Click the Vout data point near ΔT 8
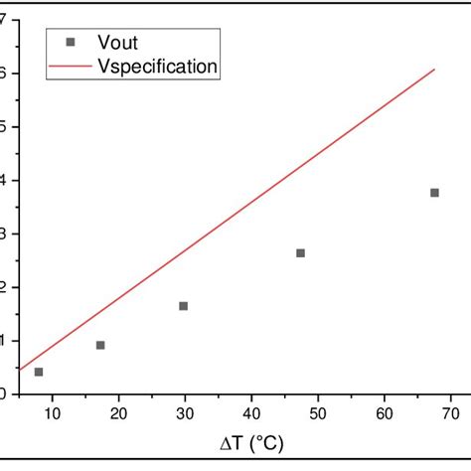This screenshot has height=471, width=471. tap(39, 372)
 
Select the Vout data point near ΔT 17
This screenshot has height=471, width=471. tap(100, 345)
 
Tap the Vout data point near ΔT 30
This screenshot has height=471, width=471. tap(183, 306)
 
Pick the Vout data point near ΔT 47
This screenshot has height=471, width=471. tap(300, 253)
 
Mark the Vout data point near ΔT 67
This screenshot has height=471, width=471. tap(434, 193)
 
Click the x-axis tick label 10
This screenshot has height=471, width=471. tap(53, 413)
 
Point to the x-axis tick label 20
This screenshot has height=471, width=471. tap(118, 413)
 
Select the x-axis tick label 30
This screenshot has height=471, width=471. tap(185, 413)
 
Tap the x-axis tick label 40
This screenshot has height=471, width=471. tap(251, 413)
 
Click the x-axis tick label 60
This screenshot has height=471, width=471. tap(384, 413)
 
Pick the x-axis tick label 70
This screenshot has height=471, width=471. tap(449, 413)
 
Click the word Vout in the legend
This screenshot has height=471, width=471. tap(116, 43)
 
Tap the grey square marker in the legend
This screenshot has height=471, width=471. tap(69, 43)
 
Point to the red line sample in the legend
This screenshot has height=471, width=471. tap(69, 67)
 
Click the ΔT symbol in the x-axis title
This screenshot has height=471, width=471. tap(230, 442)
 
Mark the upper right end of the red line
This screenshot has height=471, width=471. tap(434, 70)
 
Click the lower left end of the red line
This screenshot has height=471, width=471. tap(20, 370)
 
